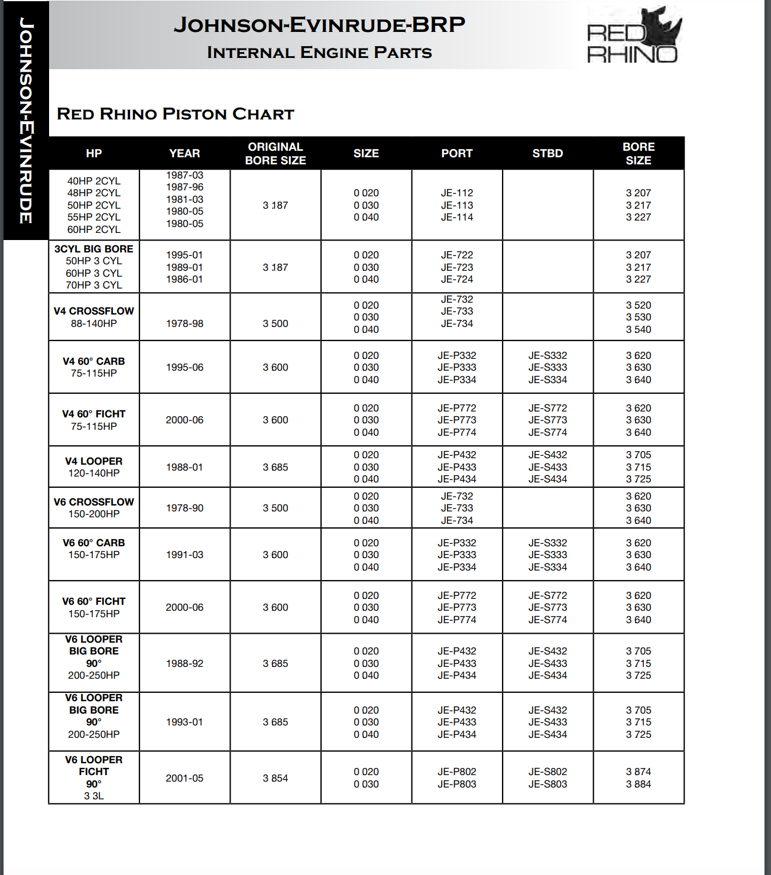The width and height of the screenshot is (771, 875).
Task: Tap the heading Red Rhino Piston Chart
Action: [175, 114]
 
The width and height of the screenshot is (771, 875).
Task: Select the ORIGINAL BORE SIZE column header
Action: [276, 154]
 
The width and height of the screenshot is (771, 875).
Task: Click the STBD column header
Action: [548, 154]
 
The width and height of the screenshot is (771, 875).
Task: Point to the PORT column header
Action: [456, 154]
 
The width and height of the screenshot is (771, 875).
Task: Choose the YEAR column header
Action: [184, 154]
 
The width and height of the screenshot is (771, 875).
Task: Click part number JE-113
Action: [456, 205]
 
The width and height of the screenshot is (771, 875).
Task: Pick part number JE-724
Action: [456, 279]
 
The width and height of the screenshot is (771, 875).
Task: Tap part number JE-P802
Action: [456, 772]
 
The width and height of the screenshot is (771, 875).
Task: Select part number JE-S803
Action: [548, 784]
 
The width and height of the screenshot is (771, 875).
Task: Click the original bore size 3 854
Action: [276, 778]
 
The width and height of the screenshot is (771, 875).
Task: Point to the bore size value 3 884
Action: [639, 784]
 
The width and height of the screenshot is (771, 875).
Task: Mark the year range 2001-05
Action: [184, 778]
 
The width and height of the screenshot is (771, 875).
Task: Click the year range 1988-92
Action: [184, 663]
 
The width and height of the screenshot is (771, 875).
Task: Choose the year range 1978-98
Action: [184, 323]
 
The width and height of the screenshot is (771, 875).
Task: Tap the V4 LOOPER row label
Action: [94, 461]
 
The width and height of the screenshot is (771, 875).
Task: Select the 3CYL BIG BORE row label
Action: [94, 249]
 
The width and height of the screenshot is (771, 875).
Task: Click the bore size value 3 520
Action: [639, 305]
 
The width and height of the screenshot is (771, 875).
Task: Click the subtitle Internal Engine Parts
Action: [319, 53]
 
